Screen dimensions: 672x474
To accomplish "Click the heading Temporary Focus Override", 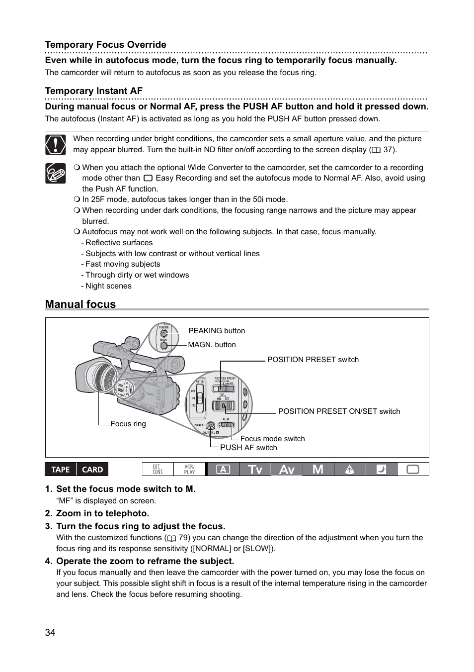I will click(x=105, y=45).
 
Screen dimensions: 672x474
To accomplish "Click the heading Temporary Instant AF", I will click(x=93, y=91).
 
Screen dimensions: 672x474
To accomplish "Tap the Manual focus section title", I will click(x=80, y=304).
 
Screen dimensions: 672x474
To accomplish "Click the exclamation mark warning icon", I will click(x=55, y=144).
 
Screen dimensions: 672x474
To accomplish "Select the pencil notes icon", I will click(x=55, y=173).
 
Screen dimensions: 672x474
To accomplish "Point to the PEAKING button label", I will click(x=216, y=331).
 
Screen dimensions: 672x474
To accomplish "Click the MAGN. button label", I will click(x=212, y=345).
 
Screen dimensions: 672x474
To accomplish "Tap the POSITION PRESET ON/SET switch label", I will click(x=339, y=411).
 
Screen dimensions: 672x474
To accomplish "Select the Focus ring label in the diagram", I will click(x=128, y=424).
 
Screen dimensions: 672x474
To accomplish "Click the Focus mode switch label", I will click(x=272, y=439).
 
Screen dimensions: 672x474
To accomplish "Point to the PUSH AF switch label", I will click(x=248, y=448).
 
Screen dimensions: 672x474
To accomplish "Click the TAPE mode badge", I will click(x=61, y=470).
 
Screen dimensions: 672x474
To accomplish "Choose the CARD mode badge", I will click(x=92, y=470).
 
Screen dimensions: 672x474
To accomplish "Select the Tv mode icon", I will click(x=255, y=470).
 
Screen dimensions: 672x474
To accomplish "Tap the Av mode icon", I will click(x=287, y=470).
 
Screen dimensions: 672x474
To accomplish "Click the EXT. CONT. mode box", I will click(x=158, y=470).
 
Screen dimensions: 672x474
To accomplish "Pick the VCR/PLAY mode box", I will click(x=189, y=470).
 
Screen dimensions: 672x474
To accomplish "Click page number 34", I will click(x=50, y=632).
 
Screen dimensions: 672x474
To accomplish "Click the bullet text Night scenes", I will click(x=108, y=286).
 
